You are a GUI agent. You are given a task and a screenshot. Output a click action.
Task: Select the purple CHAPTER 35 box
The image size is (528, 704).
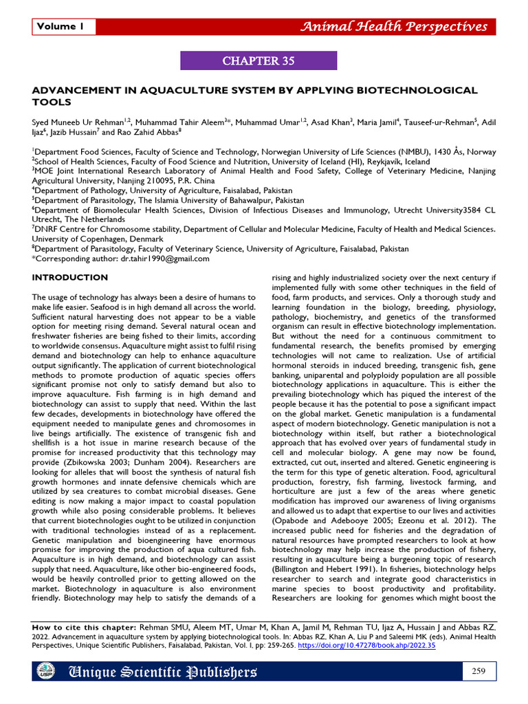coord(258,61)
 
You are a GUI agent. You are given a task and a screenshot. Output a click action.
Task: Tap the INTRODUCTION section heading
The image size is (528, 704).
coord(70,277)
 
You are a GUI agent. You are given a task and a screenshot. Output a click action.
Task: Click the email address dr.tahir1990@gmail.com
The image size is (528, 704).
coord(165,258)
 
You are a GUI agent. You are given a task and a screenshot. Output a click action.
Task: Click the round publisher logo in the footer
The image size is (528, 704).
coord(45,671)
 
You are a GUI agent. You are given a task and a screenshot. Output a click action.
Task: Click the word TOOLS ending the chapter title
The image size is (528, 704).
coord(52,102)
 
